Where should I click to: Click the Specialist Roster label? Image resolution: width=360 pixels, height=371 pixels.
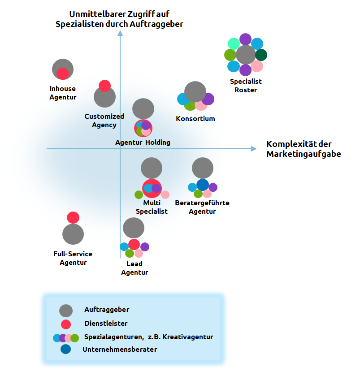246,86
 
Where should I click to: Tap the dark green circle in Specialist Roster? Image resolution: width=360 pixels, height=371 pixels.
261,55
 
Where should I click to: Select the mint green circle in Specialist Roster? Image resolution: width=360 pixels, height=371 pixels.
234,43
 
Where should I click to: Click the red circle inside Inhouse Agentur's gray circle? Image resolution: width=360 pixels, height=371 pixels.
63,74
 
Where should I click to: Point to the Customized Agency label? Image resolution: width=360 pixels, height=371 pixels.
104,121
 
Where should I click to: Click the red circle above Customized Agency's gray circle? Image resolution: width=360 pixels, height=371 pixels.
104,86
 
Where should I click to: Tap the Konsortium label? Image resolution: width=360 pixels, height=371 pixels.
195,119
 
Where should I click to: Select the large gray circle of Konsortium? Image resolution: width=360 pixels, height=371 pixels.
195,91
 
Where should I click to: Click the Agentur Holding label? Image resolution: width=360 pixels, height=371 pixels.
143,142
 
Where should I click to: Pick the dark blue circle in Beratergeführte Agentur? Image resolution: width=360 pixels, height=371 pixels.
203,185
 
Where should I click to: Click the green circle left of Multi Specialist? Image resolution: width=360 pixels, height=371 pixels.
139,194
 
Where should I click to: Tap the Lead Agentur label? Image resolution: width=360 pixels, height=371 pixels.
134,268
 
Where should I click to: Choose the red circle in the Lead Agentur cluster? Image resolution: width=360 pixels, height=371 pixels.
134,244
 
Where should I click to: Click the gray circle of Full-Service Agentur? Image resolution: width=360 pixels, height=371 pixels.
73,234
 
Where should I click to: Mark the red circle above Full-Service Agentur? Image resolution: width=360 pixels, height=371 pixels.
73,217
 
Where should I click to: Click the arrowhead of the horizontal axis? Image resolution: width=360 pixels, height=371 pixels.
254,149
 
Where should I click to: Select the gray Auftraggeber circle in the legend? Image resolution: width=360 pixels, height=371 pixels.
66,311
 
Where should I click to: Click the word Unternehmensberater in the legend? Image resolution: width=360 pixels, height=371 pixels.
120,349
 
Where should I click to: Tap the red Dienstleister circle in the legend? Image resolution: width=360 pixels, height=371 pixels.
66,324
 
